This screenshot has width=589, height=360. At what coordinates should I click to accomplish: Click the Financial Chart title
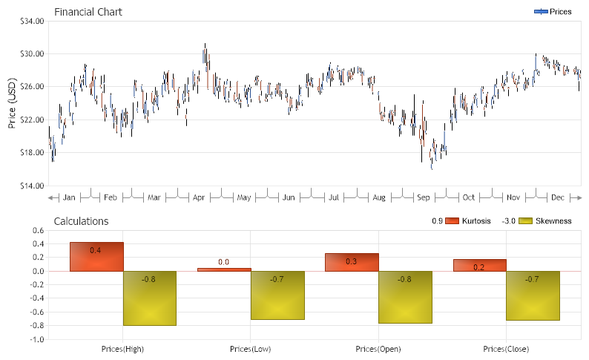88,12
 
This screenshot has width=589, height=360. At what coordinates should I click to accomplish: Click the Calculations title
81,221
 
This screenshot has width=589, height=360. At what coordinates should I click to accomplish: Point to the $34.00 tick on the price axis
31,21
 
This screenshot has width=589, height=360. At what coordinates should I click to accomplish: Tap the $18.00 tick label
31,152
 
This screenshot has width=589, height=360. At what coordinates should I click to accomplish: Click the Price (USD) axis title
12,103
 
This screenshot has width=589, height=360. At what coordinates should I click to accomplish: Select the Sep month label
423,197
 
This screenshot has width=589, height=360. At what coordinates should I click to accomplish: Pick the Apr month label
199,197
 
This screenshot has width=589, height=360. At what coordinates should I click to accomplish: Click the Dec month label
557,197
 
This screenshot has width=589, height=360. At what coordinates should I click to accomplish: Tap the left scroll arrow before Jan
52,197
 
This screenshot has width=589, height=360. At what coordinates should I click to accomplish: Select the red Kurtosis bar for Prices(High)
96,257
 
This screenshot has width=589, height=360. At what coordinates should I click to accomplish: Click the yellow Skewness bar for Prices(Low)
277,295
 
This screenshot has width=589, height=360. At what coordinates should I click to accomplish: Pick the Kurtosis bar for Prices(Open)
352,263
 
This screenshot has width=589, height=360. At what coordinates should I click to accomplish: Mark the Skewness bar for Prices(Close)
533,295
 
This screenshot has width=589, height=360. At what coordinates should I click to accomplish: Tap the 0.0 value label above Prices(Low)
223,262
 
